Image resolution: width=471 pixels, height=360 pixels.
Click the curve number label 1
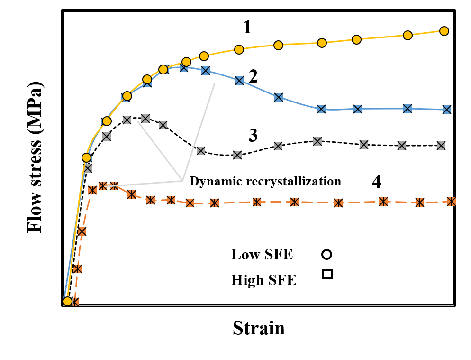click(x=247, y=27)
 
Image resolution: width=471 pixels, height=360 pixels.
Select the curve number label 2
click(x=253, y=76)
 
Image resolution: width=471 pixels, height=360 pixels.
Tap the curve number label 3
click(x=253, y=135)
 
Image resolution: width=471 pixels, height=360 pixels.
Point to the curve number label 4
click(x=376, y=181)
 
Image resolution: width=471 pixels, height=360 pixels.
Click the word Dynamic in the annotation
click(x=216, y=181)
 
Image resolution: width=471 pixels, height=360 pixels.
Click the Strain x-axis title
click(x=259, y=328)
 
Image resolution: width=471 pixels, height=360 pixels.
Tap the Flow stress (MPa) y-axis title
click(x=35, y=157)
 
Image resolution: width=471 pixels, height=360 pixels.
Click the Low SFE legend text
click(x=262, y=254)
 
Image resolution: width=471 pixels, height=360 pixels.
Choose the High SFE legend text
click(x=263, y=280)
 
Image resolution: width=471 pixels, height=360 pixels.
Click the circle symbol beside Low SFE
click(x=326, y=254)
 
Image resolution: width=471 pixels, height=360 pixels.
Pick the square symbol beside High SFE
click(x=327, y=274)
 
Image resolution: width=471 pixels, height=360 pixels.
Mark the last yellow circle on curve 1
click(x=444, y=31)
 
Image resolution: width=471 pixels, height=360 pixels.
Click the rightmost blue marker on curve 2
click(x=447, y=110)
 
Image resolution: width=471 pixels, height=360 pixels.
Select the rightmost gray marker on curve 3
click(x=441, y=146)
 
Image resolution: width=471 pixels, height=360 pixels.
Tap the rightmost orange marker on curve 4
click(x=451, y=202)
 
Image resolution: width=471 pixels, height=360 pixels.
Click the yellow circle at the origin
click(x=68, y=301)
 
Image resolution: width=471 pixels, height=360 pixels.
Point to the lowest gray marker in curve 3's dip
click(x=237, y=155)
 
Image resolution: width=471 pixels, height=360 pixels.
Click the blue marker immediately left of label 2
click(x=239, y=81)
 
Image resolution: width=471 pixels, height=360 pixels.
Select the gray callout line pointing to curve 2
click(x=199, y=132)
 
